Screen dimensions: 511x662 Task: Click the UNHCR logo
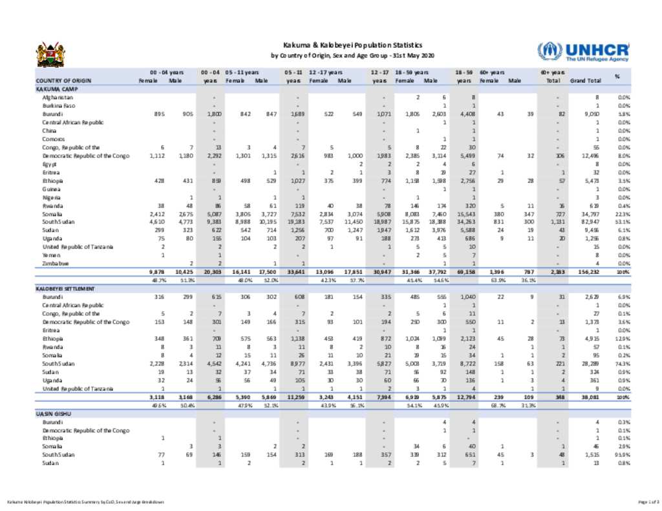582,52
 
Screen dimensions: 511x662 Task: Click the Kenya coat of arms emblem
50,55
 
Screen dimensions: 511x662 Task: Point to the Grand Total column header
585,81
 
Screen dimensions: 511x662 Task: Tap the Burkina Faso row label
59,105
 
